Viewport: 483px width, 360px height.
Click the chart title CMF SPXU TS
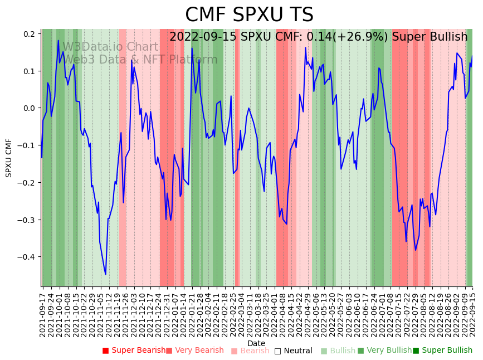coord(249,15)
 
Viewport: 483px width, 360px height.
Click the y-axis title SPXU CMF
coord(9,158)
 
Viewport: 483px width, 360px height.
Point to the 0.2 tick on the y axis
coord(29,34)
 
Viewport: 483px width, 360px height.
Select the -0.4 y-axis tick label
coord(27,257)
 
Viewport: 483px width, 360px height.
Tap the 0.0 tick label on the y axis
coord(29,108)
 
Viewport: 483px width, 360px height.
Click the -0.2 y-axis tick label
coord(27,183)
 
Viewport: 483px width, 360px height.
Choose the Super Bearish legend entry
coord(134,351)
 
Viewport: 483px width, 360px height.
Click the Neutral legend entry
coord(293,351)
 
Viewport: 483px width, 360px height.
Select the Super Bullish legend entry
coord(442,351)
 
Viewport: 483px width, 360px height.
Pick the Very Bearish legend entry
coord(194,351)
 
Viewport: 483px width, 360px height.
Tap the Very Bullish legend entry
coord(384,351)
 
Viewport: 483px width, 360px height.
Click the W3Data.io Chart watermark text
coord(110,47)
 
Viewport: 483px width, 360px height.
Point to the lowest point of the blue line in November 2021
coord(105,274)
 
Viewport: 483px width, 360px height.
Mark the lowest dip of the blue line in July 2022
coord(415,250)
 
